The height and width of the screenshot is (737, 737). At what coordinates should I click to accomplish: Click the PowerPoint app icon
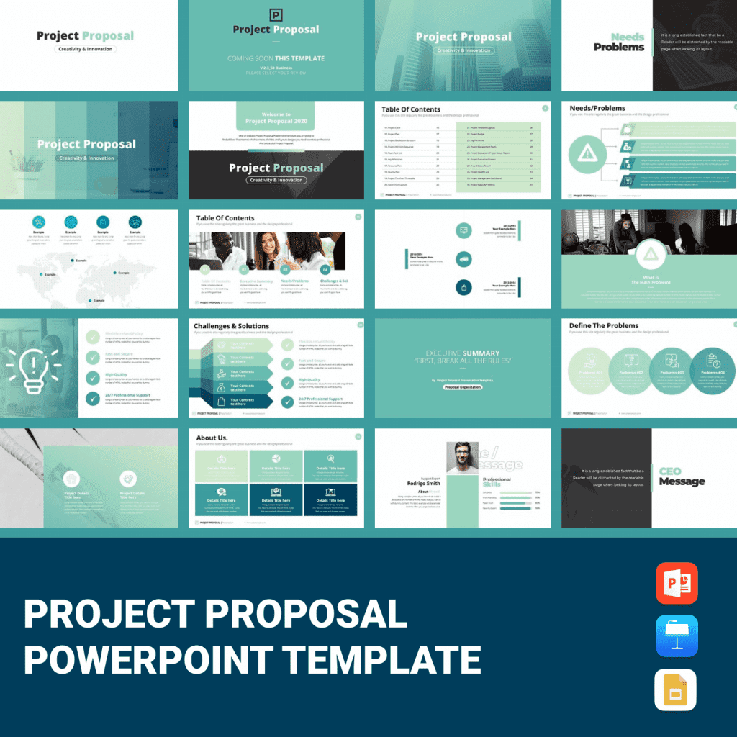tap(677, 583)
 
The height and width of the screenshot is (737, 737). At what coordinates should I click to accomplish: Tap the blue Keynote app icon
tap(677, 636)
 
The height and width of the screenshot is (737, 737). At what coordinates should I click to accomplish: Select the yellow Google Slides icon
tap(677, 689)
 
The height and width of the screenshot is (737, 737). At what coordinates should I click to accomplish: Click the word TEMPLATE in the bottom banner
tap(381, 659)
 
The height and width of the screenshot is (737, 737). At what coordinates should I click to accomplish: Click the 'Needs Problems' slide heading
tap(619, 42)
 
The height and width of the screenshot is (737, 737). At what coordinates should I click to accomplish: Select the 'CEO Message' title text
tap(682, 476)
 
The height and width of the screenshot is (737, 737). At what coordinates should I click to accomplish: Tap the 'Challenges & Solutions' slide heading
tap(231, 326)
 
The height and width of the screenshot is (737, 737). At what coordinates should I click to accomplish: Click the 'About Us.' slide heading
tap(212, 438)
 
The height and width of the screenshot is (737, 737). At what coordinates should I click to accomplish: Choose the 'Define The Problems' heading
tap(604, 325)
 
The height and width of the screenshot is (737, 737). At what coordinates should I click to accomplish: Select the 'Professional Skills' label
tap(497, 482)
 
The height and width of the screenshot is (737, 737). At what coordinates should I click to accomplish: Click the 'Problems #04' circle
tap(711, 369)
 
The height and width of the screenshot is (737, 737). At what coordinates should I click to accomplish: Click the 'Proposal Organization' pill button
tap(462, 387)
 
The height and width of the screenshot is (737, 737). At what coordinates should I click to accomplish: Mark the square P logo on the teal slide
tap(276, 14)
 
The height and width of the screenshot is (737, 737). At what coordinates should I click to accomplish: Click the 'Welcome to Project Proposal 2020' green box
tap(277, 117)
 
